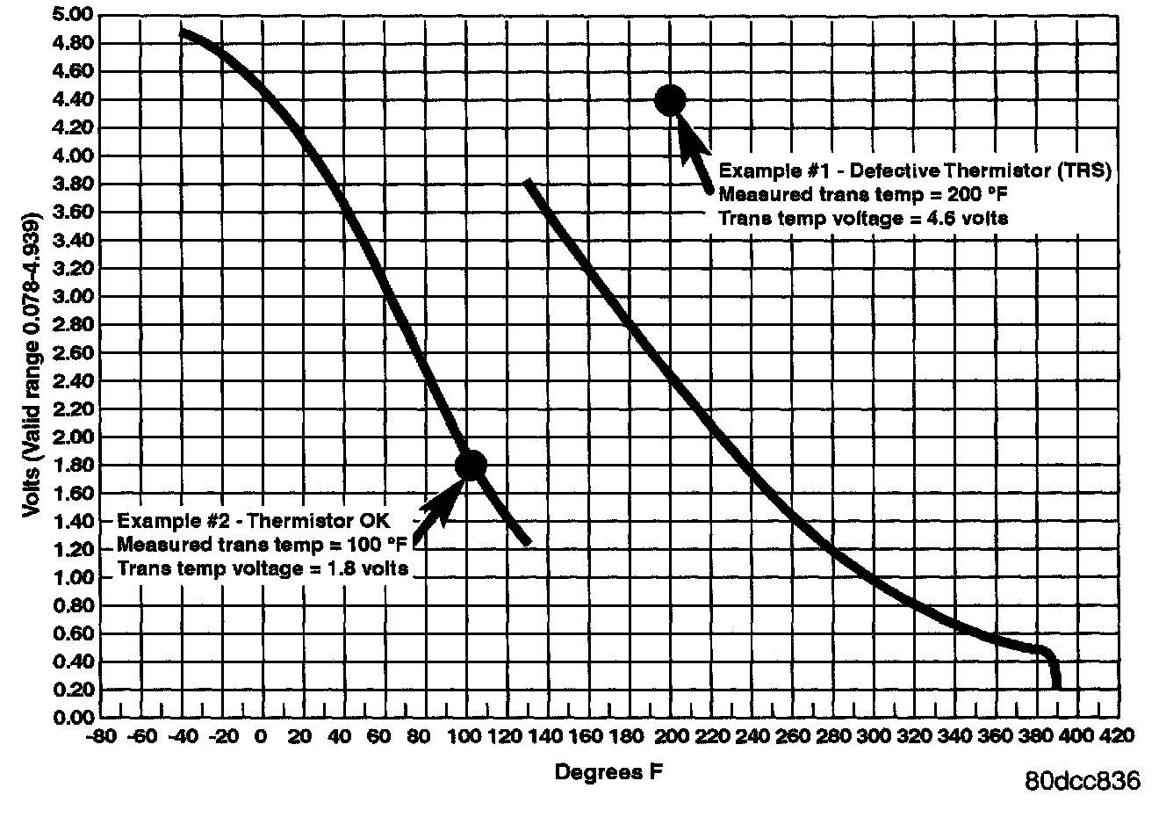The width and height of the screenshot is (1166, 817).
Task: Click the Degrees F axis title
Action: pos(608,772)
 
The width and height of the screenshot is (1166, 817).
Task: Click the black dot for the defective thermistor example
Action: pos(671,100)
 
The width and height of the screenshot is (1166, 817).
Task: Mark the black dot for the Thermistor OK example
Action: pos(471,465)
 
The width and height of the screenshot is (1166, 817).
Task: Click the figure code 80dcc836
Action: pos(1082,781)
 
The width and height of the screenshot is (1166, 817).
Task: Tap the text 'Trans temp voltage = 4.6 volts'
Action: pos(863,218)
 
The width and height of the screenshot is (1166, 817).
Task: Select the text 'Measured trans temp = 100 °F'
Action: pos(262,544)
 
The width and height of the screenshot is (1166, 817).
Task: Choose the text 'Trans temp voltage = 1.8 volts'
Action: pos(263,568)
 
